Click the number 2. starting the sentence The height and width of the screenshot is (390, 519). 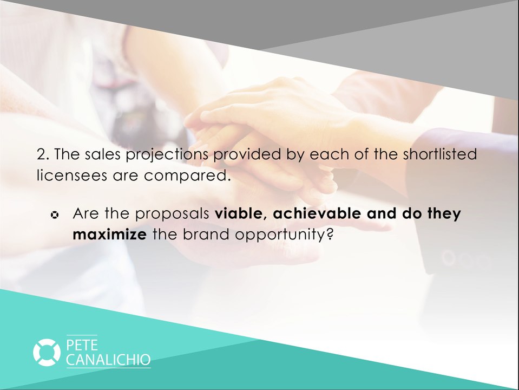pyautogui.click(x=43, y=154)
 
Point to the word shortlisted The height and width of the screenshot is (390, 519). pyautogui.click(x=440, y=154)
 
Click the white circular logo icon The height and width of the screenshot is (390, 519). pyautogui.click(x=47, y=352)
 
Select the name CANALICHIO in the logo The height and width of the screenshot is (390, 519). pyautogui.click(x=108, y=360)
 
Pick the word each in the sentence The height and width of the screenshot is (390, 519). pyautogui.click(x=327, y=154)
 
